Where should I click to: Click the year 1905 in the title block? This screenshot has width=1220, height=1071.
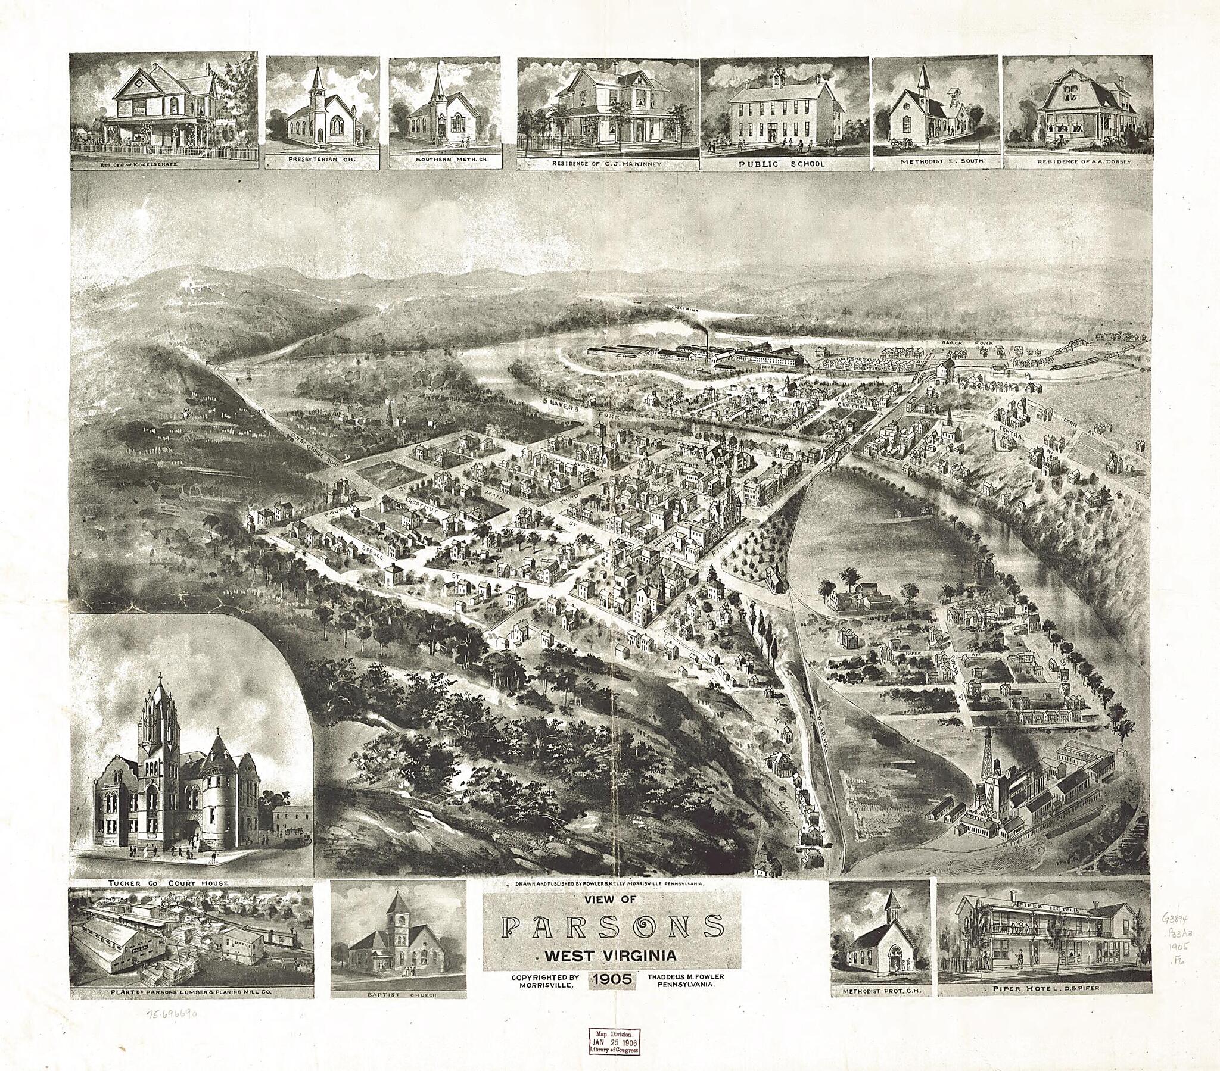pos(611,995)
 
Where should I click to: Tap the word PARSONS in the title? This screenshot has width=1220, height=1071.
pos(611,944)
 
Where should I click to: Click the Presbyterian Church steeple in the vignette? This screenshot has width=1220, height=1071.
pos(318,80)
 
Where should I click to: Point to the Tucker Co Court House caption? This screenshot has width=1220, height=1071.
pos(164,882)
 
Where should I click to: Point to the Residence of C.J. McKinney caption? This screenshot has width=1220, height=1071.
pos(606,163)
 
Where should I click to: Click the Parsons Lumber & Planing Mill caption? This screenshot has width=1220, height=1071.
pos(191,1009)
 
